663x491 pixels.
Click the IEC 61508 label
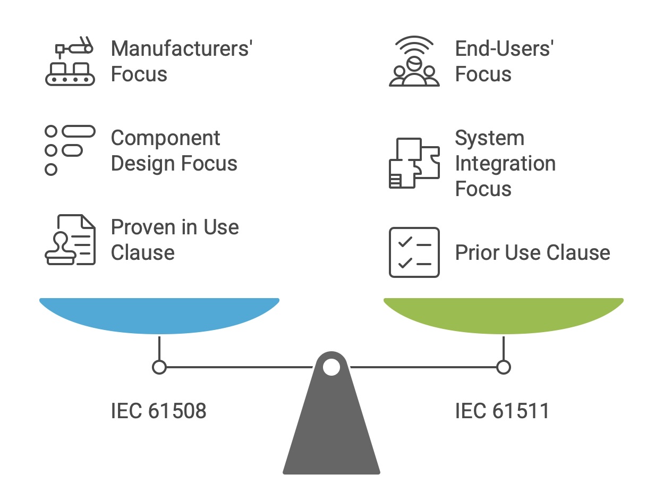(158, 411)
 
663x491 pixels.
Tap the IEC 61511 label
(502, 411)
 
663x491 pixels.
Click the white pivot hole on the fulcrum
(331, 367)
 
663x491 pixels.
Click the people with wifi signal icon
(414, 61)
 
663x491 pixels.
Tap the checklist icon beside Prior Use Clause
(414, 252)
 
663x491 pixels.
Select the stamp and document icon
(70, 240)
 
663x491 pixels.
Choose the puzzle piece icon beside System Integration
(414, 163)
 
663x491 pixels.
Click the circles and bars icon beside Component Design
(70, 150)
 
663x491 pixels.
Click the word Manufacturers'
(181, 48)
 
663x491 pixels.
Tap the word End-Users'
(505, 48)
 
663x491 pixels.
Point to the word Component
(165, 138)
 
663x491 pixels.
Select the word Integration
(505, 163)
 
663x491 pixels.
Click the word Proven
(141, 227)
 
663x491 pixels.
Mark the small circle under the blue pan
(159, 367)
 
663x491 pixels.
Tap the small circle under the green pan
(503, 367)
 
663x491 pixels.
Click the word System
(489, 138)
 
